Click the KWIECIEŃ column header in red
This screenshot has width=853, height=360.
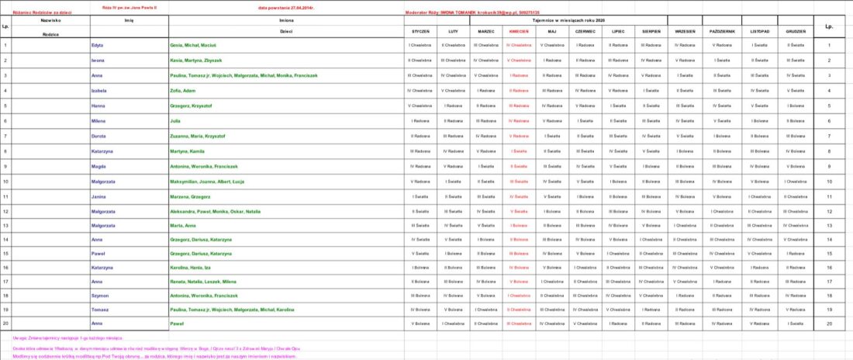[519, 31]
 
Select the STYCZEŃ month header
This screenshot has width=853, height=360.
[420, 31]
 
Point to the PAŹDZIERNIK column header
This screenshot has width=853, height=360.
[722, 31]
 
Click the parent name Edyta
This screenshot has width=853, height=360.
[97, 45]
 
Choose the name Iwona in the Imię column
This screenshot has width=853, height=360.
[98, 60]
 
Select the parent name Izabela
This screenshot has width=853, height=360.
[98, 91]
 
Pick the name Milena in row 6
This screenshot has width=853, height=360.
[98, 120]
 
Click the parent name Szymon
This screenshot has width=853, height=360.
[99, 296]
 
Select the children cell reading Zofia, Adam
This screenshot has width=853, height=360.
[183, 91]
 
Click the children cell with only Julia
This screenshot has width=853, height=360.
[175, 120]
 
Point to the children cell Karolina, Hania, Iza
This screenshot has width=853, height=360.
[191, 266]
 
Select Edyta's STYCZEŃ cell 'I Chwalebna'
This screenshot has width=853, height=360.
[420, 45]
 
